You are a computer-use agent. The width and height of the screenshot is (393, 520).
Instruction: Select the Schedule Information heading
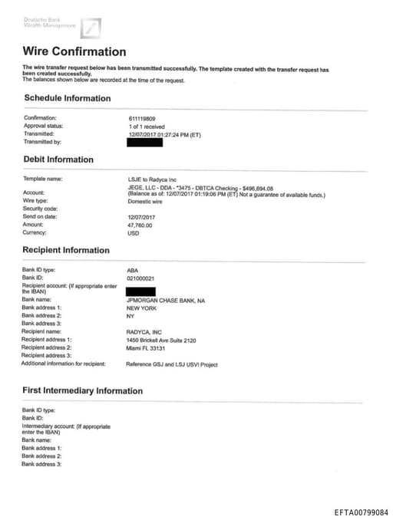68,98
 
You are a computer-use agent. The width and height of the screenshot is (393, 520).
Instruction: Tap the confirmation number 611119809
142,118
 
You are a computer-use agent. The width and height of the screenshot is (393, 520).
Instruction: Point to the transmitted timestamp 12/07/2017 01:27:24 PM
164,134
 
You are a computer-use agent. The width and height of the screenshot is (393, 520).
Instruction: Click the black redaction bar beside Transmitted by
144,142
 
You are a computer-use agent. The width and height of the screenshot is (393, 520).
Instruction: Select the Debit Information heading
59,160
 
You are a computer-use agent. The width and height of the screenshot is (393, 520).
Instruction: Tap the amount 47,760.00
140,225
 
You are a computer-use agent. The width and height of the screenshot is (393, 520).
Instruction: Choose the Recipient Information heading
66,250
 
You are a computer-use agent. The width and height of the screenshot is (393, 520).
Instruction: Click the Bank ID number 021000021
140,278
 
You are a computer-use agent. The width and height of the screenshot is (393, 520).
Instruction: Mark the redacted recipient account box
140,291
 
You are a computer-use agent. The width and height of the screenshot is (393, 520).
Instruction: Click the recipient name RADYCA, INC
143,331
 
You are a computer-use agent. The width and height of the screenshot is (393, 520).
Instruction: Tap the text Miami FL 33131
146,347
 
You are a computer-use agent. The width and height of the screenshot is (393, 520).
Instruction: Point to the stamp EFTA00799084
362,512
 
